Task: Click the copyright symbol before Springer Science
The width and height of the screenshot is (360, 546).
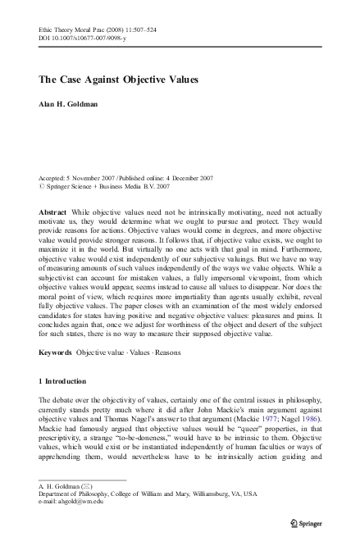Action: click(x=42, y=185)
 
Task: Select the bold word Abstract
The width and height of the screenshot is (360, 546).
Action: click(x=53, y=211)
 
